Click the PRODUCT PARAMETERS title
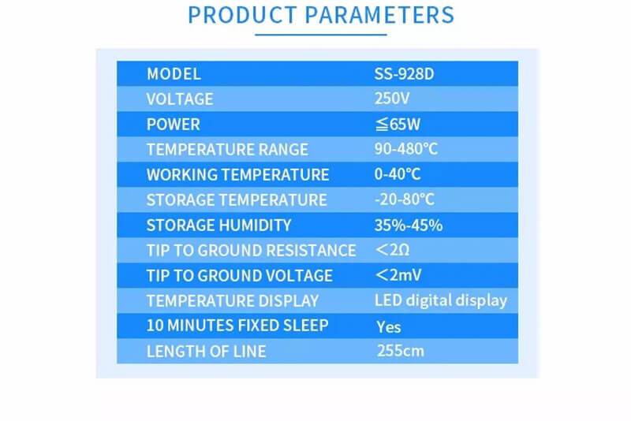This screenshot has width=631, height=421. (321, 15)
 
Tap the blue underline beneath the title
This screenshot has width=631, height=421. (321, 34)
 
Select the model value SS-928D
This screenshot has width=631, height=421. (405, 74)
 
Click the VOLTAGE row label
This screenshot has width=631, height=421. (180, 99)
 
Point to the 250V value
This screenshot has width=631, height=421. (392, 99)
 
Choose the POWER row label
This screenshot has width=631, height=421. (174, 125)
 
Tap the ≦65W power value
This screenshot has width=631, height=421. (398, 125)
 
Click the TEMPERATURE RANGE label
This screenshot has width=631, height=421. (227, 150)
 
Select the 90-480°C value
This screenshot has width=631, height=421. (407, 150)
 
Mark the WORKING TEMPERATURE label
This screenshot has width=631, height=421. (237, 175)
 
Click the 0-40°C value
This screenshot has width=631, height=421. (398, 175)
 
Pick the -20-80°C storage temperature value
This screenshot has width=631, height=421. (405, 200)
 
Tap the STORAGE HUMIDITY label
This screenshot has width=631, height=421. (218, 225)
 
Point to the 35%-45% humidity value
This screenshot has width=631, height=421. (408, 225)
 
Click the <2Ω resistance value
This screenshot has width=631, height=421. (392, 251)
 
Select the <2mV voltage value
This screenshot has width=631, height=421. (398, 276)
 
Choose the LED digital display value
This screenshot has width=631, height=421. (440, 300)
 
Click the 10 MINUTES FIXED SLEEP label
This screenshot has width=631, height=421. (237, 326)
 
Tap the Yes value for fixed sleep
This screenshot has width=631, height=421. (388, 326)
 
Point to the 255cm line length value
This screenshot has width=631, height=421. (400, 351)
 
